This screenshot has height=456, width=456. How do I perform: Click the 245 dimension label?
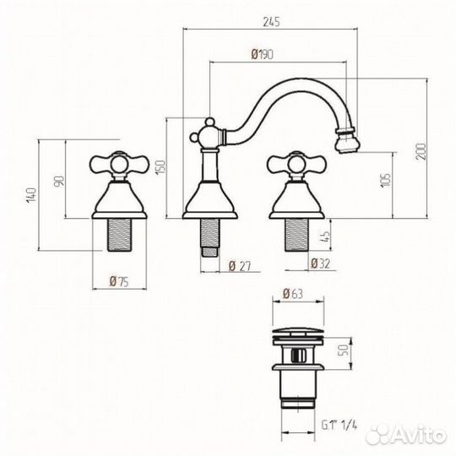(271, 22)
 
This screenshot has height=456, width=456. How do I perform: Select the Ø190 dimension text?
(262, 54)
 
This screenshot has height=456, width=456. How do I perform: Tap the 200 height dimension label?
(421, 151)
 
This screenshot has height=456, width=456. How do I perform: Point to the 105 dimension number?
(386, 181)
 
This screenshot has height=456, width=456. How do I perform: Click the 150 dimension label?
(160, 167)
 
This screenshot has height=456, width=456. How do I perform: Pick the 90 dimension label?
(59, 182)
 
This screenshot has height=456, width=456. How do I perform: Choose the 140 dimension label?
(31, 195)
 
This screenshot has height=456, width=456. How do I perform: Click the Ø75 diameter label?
(119, 281)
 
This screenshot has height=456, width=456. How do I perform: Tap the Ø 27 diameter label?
(240, 266)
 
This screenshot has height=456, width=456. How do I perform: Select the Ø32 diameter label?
(321, 263)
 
